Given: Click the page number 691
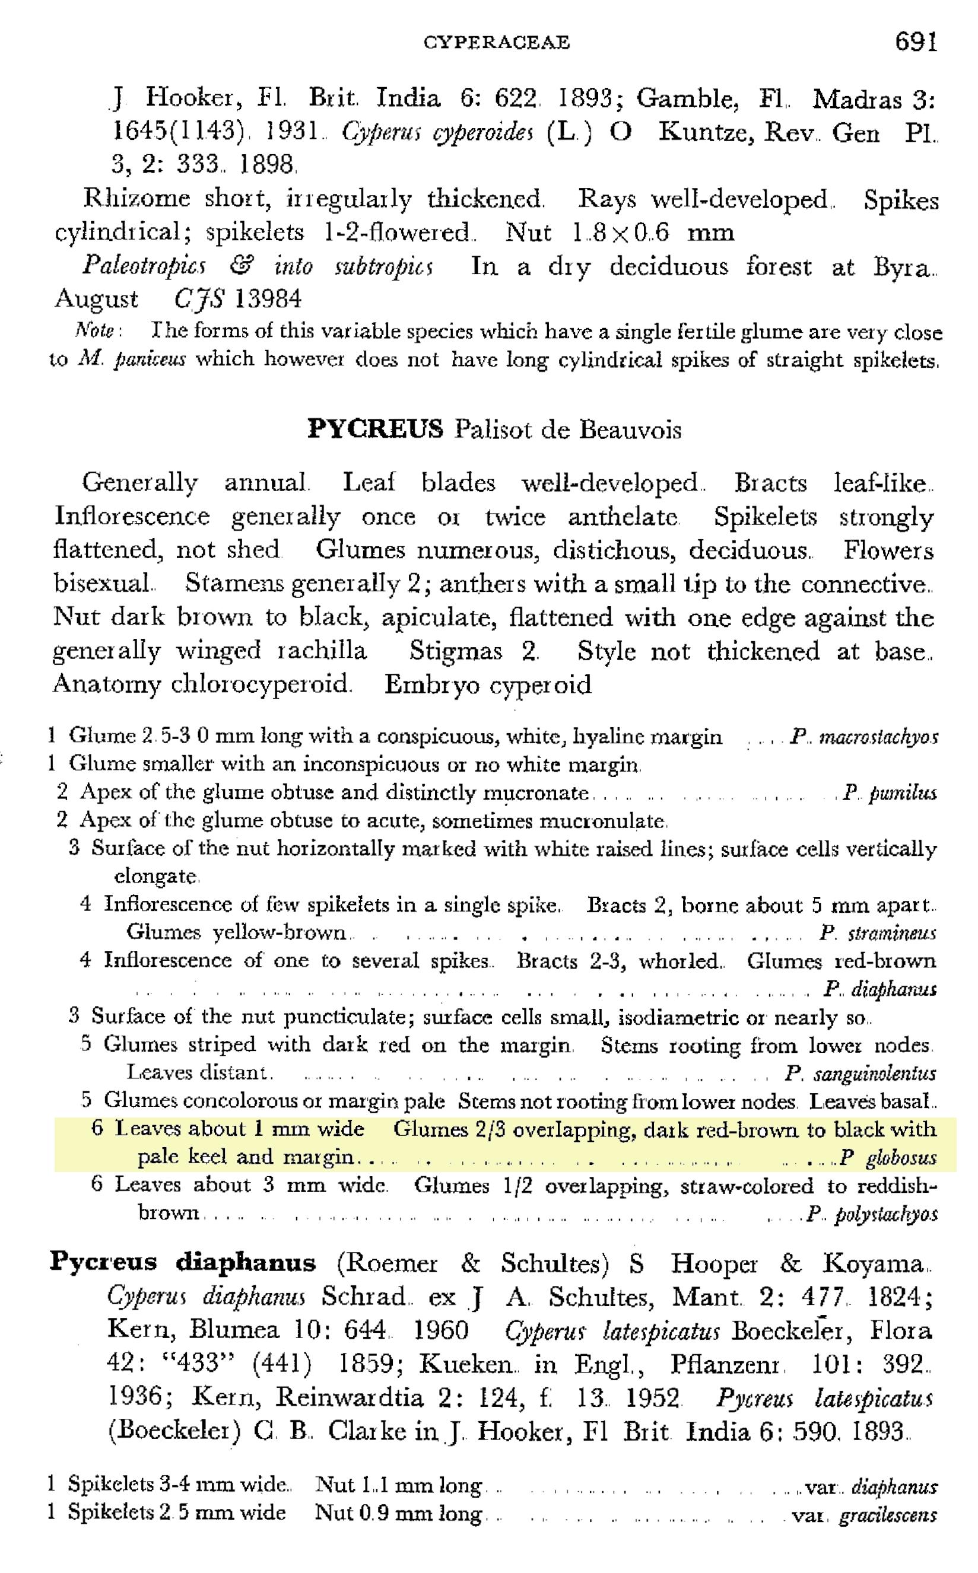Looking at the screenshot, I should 915,43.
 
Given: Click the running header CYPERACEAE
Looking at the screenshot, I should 497,43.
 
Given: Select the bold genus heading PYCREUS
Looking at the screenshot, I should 375,429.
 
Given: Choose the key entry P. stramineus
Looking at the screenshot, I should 877,933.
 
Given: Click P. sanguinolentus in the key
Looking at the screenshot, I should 860,1074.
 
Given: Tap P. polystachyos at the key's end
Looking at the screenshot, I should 871,1214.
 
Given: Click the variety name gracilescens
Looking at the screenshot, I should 887,1513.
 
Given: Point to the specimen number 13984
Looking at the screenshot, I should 268,299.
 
